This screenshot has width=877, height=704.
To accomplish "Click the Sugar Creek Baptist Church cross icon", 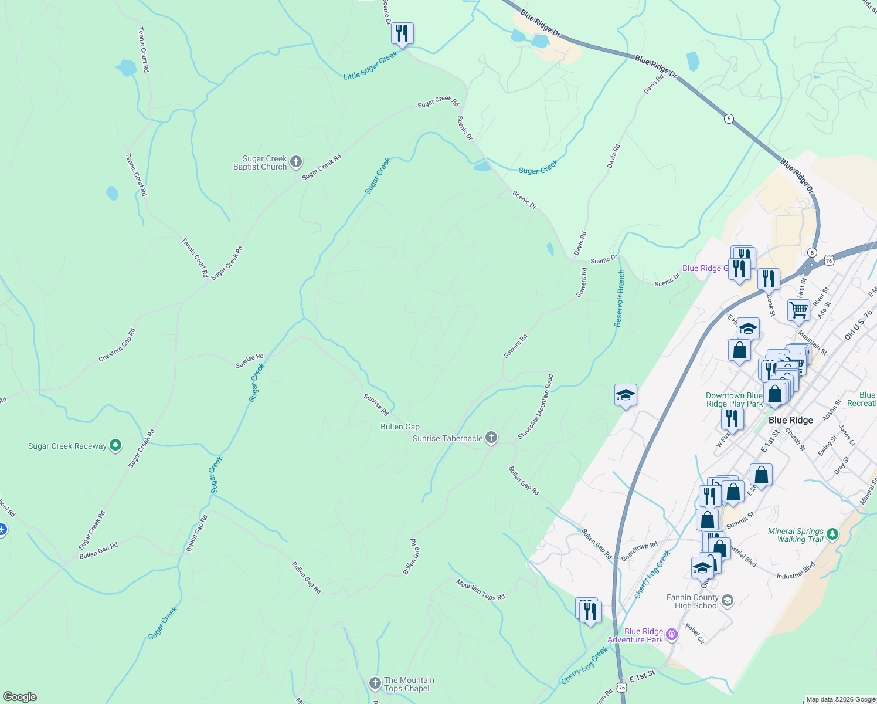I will point(296,161).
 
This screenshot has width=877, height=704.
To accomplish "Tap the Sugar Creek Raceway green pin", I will point(115,445).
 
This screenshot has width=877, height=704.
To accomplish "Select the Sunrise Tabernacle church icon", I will point(491,438).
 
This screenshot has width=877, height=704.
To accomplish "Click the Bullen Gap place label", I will point(400,427).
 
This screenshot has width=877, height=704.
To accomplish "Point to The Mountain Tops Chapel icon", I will point(375,683).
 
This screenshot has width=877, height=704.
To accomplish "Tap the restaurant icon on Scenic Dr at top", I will point(402,33).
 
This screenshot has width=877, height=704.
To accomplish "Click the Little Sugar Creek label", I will point(370,66).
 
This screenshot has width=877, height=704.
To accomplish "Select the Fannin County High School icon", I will point(728,600).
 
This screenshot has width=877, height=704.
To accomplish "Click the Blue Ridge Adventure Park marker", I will point(672,634).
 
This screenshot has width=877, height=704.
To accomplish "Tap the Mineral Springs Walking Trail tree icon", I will point(833,534).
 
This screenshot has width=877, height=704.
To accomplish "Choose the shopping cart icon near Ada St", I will point(798,309).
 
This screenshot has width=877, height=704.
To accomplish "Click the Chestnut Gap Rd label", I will point(117,345).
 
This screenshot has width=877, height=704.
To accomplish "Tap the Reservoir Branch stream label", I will point(619,298).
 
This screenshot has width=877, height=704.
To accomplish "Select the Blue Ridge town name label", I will point(790,420).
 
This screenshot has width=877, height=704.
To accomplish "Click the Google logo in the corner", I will point(20,696).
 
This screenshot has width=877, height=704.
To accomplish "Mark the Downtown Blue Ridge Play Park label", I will point(734,400).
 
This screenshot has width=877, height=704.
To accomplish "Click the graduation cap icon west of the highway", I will point(626,395).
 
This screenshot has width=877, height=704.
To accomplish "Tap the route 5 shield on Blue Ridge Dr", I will point(729,119).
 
